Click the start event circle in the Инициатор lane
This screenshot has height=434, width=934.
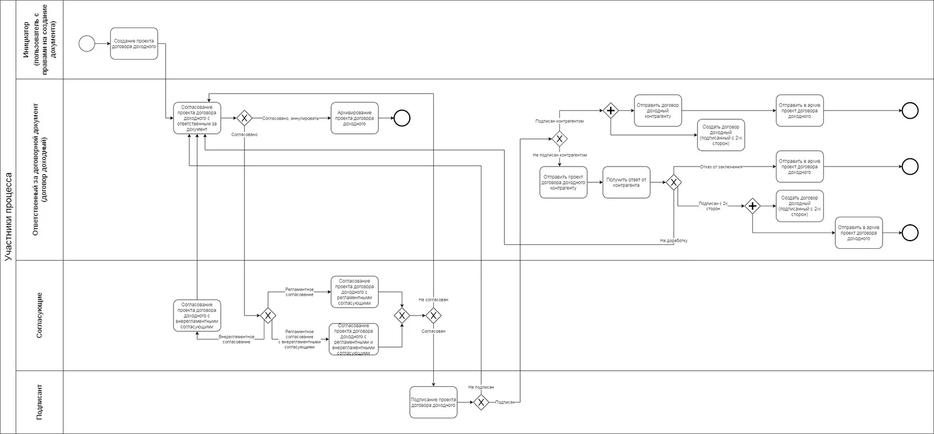86,44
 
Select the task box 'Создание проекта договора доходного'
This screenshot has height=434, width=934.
134,44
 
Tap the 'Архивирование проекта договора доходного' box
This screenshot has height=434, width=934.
354,119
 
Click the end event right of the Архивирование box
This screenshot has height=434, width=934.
402,119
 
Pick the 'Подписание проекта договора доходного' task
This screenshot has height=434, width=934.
433,402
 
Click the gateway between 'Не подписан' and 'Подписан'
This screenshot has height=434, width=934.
480,402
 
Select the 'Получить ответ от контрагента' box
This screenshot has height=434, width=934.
626,182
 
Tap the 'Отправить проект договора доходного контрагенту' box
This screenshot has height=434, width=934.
563,182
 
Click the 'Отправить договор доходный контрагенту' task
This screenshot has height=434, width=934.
658,110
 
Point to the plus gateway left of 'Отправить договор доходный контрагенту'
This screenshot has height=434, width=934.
611,110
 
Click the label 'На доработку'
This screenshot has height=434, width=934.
674,240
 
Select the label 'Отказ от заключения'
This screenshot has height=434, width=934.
721,167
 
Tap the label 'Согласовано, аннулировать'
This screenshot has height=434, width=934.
290,119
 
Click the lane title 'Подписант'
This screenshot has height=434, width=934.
40,402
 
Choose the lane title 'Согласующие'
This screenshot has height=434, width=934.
40,315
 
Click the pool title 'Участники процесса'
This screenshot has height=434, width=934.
9,216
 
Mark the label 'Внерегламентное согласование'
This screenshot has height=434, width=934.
236,339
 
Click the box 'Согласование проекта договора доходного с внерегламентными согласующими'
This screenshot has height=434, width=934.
197,315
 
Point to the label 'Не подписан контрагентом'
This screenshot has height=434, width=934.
559,155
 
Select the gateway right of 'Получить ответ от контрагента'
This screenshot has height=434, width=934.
674,182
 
